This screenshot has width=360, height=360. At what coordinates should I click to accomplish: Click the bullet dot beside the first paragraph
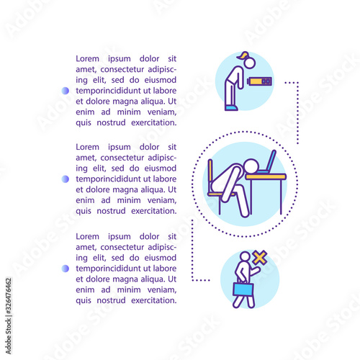[66, 91]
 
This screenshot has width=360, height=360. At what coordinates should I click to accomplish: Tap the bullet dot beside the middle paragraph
[66, 179]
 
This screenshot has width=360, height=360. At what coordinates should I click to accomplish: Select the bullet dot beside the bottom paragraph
[66, 269]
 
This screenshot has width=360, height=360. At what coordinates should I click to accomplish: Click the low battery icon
[259, 81]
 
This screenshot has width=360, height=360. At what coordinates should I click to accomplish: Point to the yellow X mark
[260, 258]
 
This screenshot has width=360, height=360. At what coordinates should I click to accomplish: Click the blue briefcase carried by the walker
[243, 289]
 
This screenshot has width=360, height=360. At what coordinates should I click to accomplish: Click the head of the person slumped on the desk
[251, 166]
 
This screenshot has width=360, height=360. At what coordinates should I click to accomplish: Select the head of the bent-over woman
[250, 63]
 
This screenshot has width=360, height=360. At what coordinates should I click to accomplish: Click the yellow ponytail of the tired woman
[243, 55]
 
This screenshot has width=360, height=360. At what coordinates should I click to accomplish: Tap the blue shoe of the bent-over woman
[231, 108]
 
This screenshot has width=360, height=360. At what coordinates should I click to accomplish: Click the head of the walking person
[245, 256]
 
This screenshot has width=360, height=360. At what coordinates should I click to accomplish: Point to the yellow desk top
[266, 176]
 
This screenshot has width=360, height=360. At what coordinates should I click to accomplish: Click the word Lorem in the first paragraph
[87, 58]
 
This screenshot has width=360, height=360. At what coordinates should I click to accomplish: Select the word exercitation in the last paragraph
[154, 300]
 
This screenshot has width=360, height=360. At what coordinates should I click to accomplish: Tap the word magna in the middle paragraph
[125, 189]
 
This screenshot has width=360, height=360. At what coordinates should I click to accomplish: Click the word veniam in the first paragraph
[162, 112]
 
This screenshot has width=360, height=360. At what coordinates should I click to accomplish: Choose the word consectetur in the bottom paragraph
[122, 247]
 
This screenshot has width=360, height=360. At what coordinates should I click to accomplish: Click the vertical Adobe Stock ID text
[9, 316]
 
